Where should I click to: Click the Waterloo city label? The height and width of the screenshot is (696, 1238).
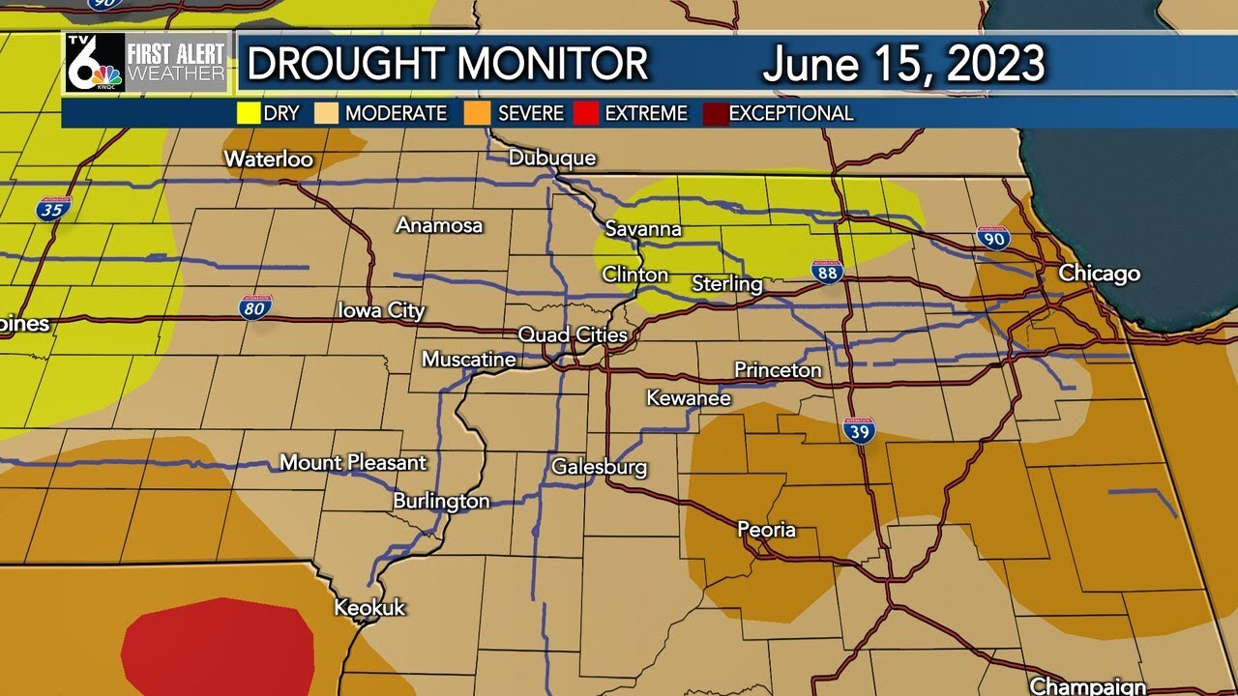pyautogui.click(x=268, y=159)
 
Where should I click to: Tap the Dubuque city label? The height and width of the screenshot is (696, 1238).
pyautogui.click(x=552, y=159)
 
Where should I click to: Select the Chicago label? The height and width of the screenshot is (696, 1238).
pyautogui.click(x=1099, y=274)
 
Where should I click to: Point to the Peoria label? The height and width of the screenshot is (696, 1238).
pyautogui.click(x=766, y=530)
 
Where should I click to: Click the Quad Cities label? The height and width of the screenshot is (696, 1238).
pyautogui.click(x=573, y=335)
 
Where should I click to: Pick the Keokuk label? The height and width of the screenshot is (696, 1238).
pyautogui.click(x=369, y=608)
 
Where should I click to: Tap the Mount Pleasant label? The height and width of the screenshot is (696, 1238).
pyautogui.click(x=353, y=463)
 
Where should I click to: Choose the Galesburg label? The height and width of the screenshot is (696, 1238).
pyautogui.click(x=599, y=467)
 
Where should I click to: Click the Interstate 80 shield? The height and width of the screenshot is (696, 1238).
pyautogui.click(x=255, y=307)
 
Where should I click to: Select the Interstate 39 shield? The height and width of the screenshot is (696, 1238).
pyautogui.click(x=859, y=430)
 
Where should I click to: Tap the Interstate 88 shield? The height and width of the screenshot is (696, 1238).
pyautogui.click(x=827, y=272)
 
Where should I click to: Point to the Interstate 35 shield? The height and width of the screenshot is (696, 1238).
pyautogui.click(x=54, y=208)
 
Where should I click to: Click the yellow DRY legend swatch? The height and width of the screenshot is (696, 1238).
pyautogui.click(x=250, y=113)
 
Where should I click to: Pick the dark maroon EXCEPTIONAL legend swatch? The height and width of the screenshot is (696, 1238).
pyautogui.click(x=716, y=113)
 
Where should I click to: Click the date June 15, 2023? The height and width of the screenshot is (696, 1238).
pyautogui.click(x=903, y=64)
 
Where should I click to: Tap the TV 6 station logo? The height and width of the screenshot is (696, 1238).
pyautogui.click(x=95, y=63)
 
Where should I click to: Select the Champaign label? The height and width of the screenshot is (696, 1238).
pyautogui.click(x=1088, y=686)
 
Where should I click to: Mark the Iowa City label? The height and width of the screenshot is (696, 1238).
pyautogui.click(x=381, y=311)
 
